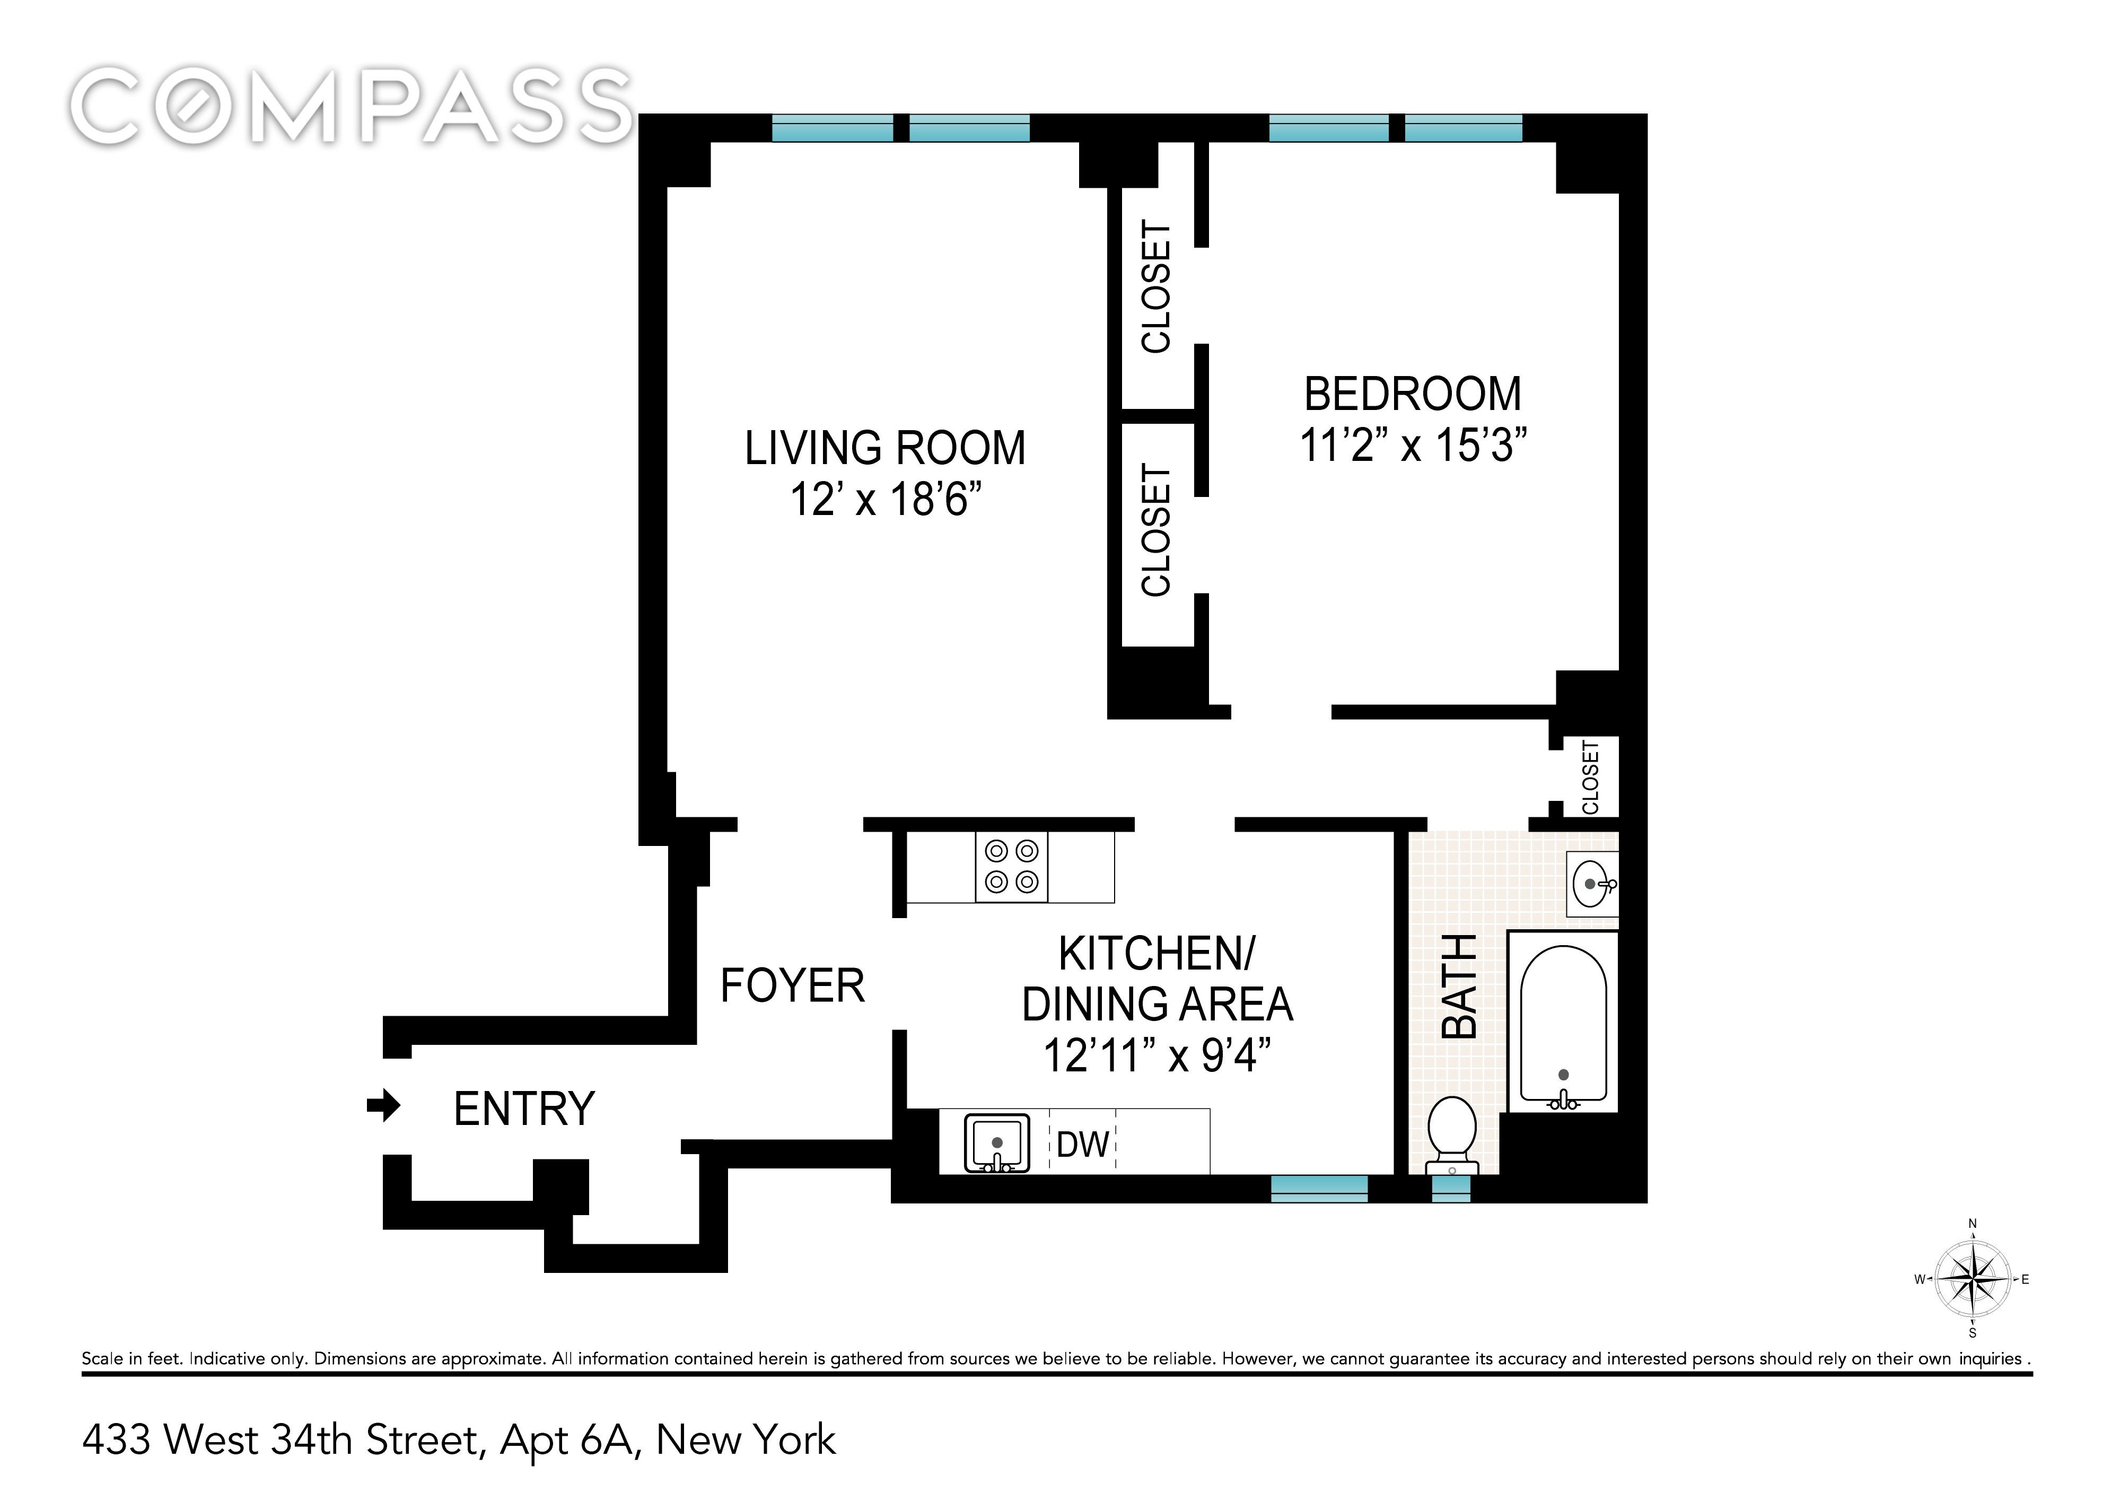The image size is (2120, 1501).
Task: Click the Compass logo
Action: click(x=351, y=106)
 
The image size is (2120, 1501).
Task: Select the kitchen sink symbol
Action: click(x=997, y=1144)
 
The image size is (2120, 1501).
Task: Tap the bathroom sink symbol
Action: click(x=1593, y=885)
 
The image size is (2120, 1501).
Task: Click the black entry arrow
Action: click(x=383, y=1105)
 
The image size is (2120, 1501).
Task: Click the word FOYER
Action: click(x=792, y=985)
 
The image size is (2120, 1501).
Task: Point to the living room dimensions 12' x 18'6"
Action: click(x=884, y=500)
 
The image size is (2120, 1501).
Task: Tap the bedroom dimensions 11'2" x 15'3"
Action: click(x=1413, y=446)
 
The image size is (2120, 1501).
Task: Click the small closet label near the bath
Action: click(x=1590, y=778)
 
